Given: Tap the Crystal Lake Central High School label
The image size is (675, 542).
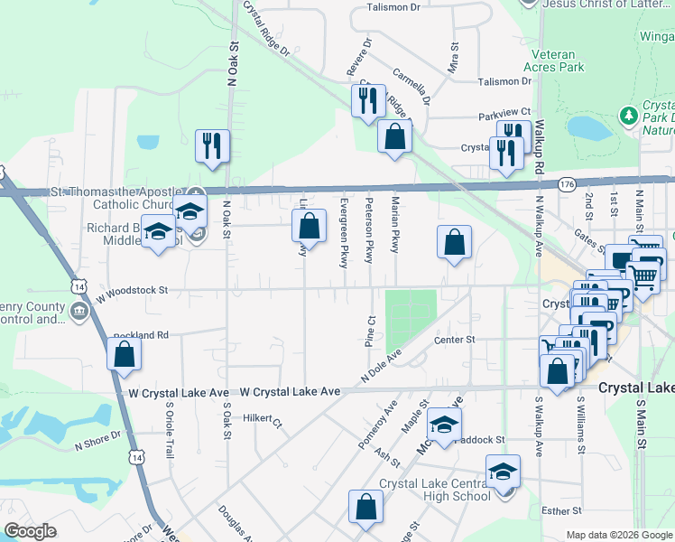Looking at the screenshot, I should click(434, 490).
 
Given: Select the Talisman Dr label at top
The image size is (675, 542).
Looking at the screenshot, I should click(394, 7).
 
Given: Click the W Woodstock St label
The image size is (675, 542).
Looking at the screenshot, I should click(134, 290).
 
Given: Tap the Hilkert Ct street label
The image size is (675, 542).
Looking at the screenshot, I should click(264, 421).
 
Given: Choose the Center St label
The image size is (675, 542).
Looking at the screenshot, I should click(454, 340).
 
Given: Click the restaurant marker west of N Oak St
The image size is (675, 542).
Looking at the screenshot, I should click(212, 146).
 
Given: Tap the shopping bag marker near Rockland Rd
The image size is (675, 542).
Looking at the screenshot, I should click(124, 354).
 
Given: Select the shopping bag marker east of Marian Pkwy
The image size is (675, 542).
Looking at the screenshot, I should click(454, 243).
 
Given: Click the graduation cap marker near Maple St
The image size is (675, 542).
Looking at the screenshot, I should click(444, 425).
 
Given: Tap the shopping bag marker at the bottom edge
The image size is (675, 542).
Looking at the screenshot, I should click(365, 509).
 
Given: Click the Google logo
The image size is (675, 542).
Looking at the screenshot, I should click(32, 531).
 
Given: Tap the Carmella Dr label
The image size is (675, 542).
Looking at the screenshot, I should click(411, 86).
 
